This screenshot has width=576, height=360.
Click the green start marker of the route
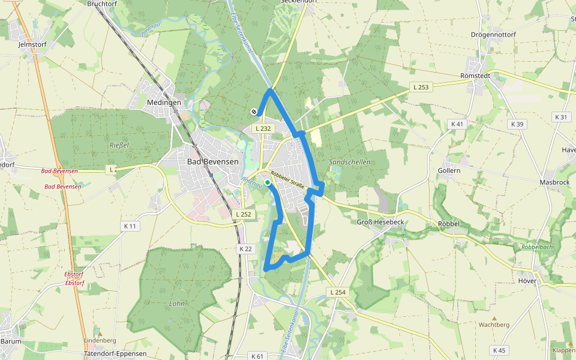(x=267, y=182)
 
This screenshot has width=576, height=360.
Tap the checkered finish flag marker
(x=254, y=111)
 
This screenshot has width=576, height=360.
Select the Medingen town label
(x=164, y=103)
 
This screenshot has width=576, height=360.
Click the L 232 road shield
(x=263, y=128)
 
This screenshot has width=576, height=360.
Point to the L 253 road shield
(x=421, y=87)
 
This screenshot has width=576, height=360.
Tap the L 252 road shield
(x=244, y=214)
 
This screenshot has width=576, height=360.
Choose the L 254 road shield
(x=338, y=292)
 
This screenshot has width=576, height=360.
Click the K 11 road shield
(x=130, y=226)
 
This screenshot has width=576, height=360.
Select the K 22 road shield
(x=245, y=248)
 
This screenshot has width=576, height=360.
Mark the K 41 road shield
(x=457, y=124)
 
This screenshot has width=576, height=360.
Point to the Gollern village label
(x=449, y=170)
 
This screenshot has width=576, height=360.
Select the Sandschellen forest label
(x=350, y=162)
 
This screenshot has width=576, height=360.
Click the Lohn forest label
(x=177, y=303)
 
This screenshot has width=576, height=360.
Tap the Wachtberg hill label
(x=494, y=325)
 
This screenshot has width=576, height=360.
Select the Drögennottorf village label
(x=494, y=34)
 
